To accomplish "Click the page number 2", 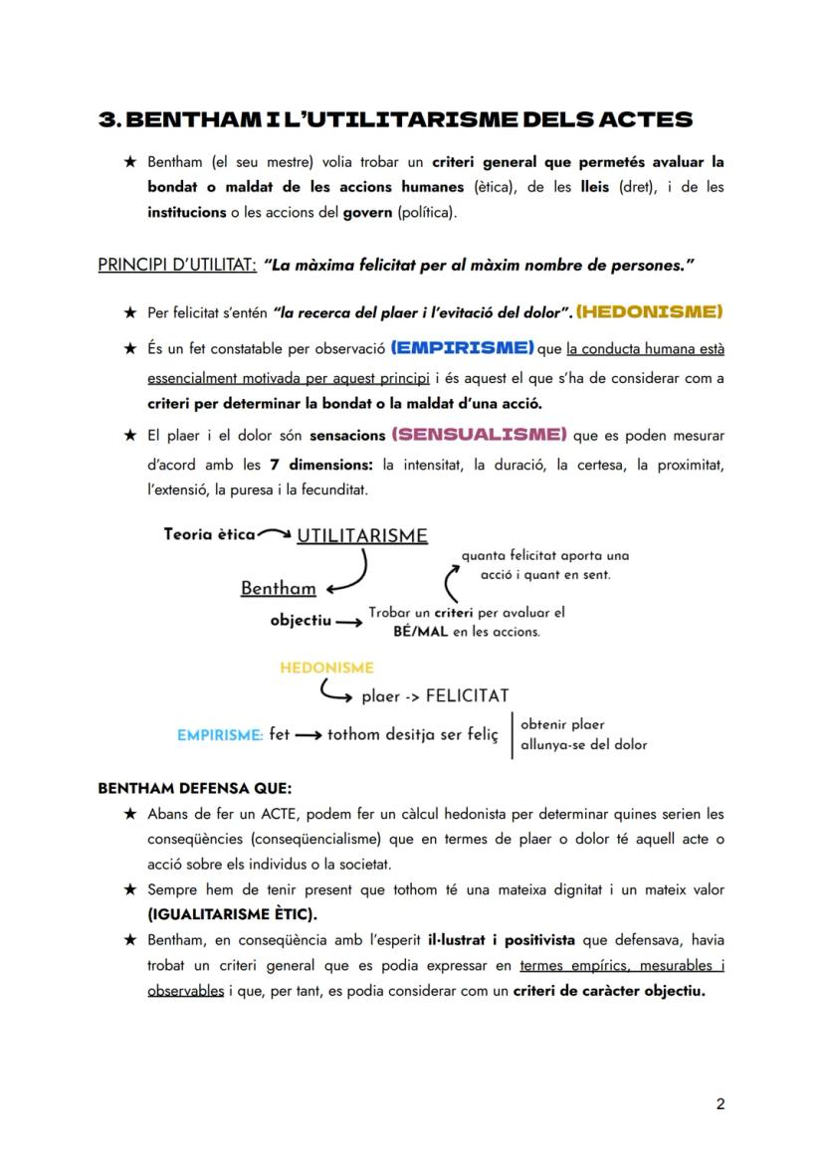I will point(720,1103).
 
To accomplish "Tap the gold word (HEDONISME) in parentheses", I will point(649,312).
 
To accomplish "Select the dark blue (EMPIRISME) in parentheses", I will point(463,348).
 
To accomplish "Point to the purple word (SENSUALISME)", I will point(480,435).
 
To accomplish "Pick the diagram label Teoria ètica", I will point(209,534).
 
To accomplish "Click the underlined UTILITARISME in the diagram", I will point(362,536).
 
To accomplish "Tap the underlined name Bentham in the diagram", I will point(278,588).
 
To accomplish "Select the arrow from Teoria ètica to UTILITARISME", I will point(275,535).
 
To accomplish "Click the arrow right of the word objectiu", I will point(348,622).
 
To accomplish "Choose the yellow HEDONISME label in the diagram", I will point(326,668).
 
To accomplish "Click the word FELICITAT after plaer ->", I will point(467,695).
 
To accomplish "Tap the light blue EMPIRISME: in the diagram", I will point(220,735).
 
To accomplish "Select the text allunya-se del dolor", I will point(583,744).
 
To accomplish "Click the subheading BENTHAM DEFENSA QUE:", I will point(194,788).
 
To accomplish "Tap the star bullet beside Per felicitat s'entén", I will point(129,313).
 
